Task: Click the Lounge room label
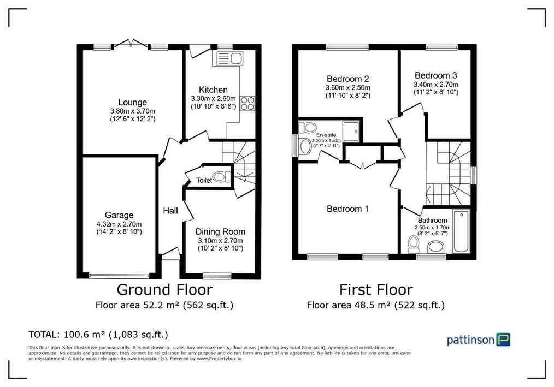(133, 103)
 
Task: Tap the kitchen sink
(228, 58)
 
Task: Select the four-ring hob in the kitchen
(247, 103)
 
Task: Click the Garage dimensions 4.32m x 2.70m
(119, 224)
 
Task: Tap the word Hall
(170, 211)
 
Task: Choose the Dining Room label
(221, 231)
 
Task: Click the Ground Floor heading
(164, 289)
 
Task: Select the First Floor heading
(376, 289)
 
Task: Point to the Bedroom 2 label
(348, 79)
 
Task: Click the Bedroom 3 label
(435, 75)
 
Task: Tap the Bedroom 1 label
(347, 209)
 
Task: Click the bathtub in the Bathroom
(462, 231)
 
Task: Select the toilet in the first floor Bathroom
(413, 244)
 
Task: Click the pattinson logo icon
(504, 340)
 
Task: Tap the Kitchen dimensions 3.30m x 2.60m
(214, 98)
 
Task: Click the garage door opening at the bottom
(119, 276)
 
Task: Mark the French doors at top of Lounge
(131, 44)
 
